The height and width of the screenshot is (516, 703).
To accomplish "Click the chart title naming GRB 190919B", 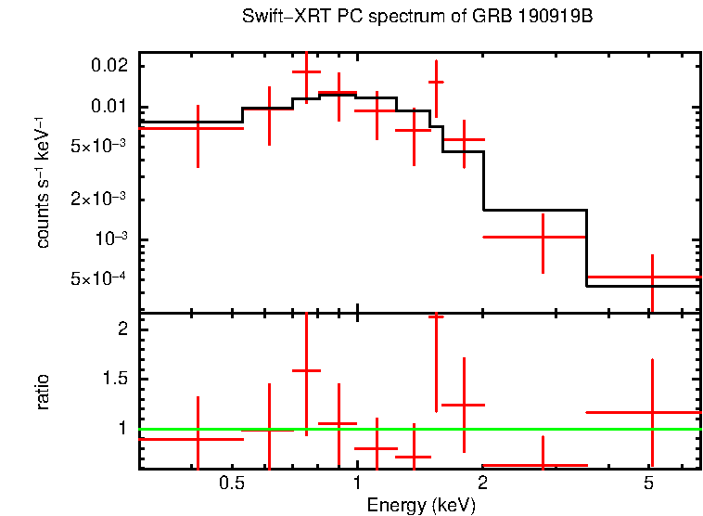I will click(416, 18).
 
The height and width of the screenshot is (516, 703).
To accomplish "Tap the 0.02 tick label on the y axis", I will click(109, 67).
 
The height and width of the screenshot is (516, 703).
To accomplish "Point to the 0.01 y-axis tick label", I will click(109, 107).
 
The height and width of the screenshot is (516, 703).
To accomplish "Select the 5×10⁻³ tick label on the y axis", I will click(100, 147).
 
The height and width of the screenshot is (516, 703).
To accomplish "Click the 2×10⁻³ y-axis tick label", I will click(100, 200).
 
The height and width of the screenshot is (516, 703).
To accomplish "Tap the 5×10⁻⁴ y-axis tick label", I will click(100, 279).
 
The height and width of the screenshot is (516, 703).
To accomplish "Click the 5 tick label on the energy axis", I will click(649, 484).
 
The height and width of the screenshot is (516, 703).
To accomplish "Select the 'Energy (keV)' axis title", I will click(421, 506).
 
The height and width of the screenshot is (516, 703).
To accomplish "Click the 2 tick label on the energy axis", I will click(483, 484).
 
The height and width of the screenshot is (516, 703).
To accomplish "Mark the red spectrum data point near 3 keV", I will click(543, 237).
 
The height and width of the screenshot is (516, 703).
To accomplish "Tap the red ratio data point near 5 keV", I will click(652, 412).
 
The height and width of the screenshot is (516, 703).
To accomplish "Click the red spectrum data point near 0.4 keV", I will click(198, 128).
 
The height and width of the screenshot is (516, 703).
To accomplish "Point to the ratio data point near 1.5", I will click(436, 316).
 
